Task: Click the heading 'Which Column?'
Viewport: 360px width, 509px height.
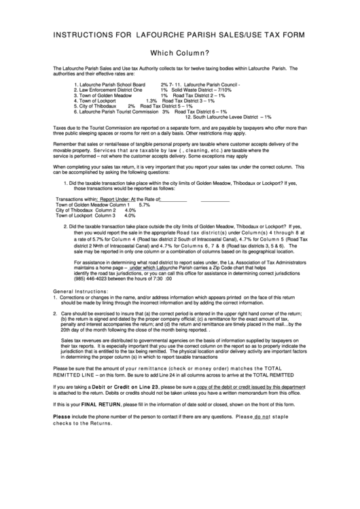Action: point(179,52)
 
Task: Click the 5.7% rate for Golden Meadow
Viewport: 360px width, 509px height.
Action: point(144,205)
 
